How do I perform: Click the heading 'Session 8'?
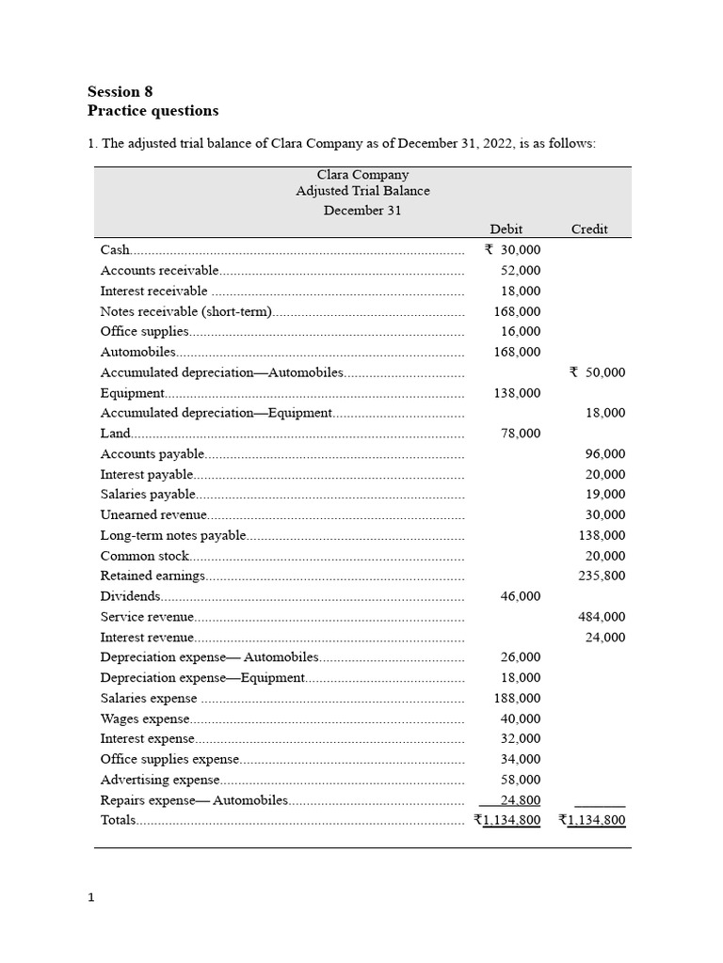click(x=120, y=91)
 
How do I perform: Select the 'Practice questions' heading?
click(x=153, y=111)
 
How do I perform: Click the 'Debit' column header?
click(x=506, y=229)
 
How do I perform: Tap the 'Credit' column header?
click(x=589, y=229)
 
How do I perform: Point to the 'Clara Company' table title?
click(x=362, y=175)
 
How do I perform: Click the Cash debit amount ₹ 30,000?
click(x=512, y=250)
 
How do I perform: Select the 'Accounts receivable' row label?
click(x=159, y=271)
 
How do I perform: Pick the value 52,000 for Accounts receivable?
click(x=521, y=271)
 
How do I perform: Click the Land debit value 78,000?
click(x=521, y=434)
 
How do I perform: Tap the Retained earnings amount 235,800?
click(x=602, y=576)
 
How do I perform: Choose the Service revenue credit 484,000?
click(x=602, y=617)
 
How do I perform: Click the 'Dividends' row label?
click(x=130, y=596)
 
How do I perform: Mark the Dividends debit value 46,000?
click(x=521, y=596)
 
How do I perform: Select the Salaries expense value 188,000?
click(x=517, y=699)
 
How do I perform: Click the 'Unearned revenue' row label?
click(x=153, y=515)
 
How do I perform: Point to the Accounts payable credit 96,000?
click(x=605, y=454)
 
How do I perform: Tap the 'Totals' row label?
click(x=118, y=820)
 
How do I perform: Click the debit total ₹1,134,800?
click(x=507, y=820)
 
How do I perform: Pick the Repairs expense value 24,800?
click(x=521, y=800)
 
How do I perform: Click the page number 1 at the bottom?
click(x=91, y=898)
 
